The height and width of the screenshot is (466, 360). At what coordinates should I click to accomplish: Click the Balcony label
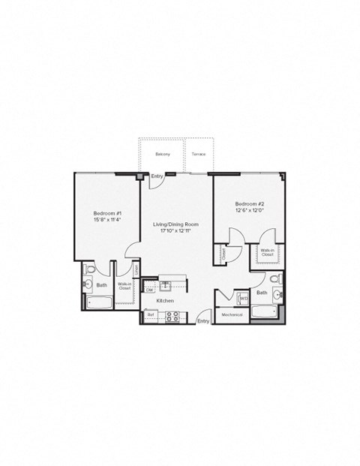point(163,154)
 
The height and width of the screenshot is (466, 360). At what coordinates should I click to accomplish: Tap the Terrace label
point(198,154)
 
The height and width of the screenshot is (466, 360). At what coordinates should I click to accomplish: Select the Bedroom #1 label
point(108,213)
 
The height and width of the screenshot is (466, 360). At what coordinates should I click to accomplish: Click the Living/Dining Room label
point(175,224)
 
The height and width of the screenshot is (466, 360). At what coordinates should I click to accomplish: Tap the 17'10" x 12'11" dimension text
point(175,231)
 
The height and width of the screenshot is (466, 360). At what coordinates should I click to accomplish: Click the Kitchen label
point(165,301)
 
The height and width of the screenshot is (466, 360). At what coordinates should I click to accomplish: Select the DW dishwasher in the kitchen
point(150,288)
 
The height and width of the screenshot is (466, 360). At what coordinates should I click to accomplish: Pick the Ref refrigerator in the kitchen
point(150,315)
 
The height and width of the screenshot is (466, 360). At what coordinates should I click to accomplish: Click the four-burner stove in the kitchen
point(172,316)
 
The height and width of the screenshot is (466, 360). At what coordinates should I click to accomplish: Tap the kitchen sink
point(166,286)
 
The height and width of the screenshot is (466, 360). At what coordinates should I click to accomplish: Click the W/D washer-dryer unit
point(243,299)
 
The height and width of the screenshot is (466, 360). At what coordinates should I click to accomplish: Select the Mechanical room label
point(232,315)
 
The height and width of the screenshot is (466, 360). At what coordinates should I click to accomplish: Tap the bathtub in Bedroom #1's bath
point(99,302)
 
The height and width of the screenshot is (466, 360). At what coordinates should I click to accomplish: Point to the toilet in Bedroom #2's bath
point(274,279)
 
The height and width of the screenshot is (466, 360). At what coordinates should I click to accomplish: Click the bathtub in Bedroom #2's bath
point(265,311)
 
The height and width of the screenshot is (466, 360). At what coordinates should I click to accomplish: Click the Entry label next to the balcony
point(157,177)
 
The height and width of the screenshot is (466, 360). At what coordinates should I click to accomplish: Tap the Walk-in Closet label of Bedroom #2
point(267,253)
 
